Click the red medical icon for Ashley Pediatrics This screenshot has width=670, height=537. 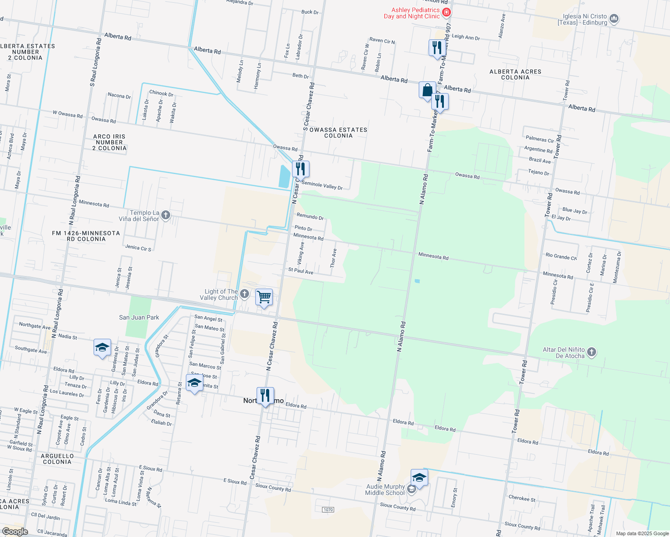(x=446, y=13)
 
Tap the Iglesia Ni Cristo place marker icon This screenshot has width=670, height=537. (x=614, y=19)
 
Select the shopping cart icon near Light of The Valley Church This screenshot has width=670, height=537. (x=264, y=297)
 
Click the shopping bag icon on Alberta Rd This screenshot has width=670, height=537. (x=427, y=90)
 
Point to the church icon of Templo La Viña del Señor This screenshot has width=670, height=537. (x=166, y=216)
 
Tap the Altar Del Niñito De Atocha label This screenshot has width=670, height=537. (x=564, y=353)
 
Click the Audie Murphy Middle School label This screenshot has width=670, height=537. (x=385, y=490)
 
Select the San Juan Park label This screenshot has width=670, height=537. (x=139, y=317)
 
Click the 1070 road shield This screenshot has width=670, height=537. (x=328, y=510)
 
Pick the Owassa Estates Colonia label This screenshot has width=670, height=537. (x=338, y=132)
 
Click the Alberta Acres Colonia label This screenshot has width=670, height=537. (x=515, y=74)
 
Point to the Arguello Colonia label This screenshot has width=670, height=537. (x=57, y=459)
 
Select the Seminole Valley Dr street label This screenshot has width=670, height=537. (x=322, y=185)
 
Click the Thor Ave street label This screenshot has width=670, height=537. (x=333, y=258)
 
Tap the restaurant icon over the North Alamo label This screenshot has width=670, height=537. (x=265, y=396)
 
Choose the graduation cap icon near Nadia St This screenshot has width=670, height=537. (x=102, y=347)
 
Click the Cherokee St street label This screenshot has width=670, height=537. (x=522, y=498)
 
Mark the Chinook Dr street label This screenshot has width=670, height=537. (x=161, y=93)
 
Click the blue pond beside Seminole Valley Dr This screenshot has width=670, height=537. (x=285, y=176)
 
